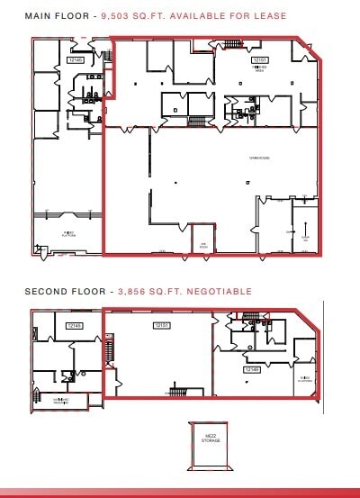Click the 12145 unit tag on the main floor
75,60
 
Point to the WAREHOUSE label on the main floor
260,158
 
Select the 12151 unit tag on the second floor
162,325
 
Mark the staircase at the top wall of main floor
232,43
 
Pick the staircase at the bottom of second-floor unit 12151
176,391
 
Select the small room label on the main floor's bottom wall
204,244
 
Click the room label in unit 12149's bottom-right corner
306,378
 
